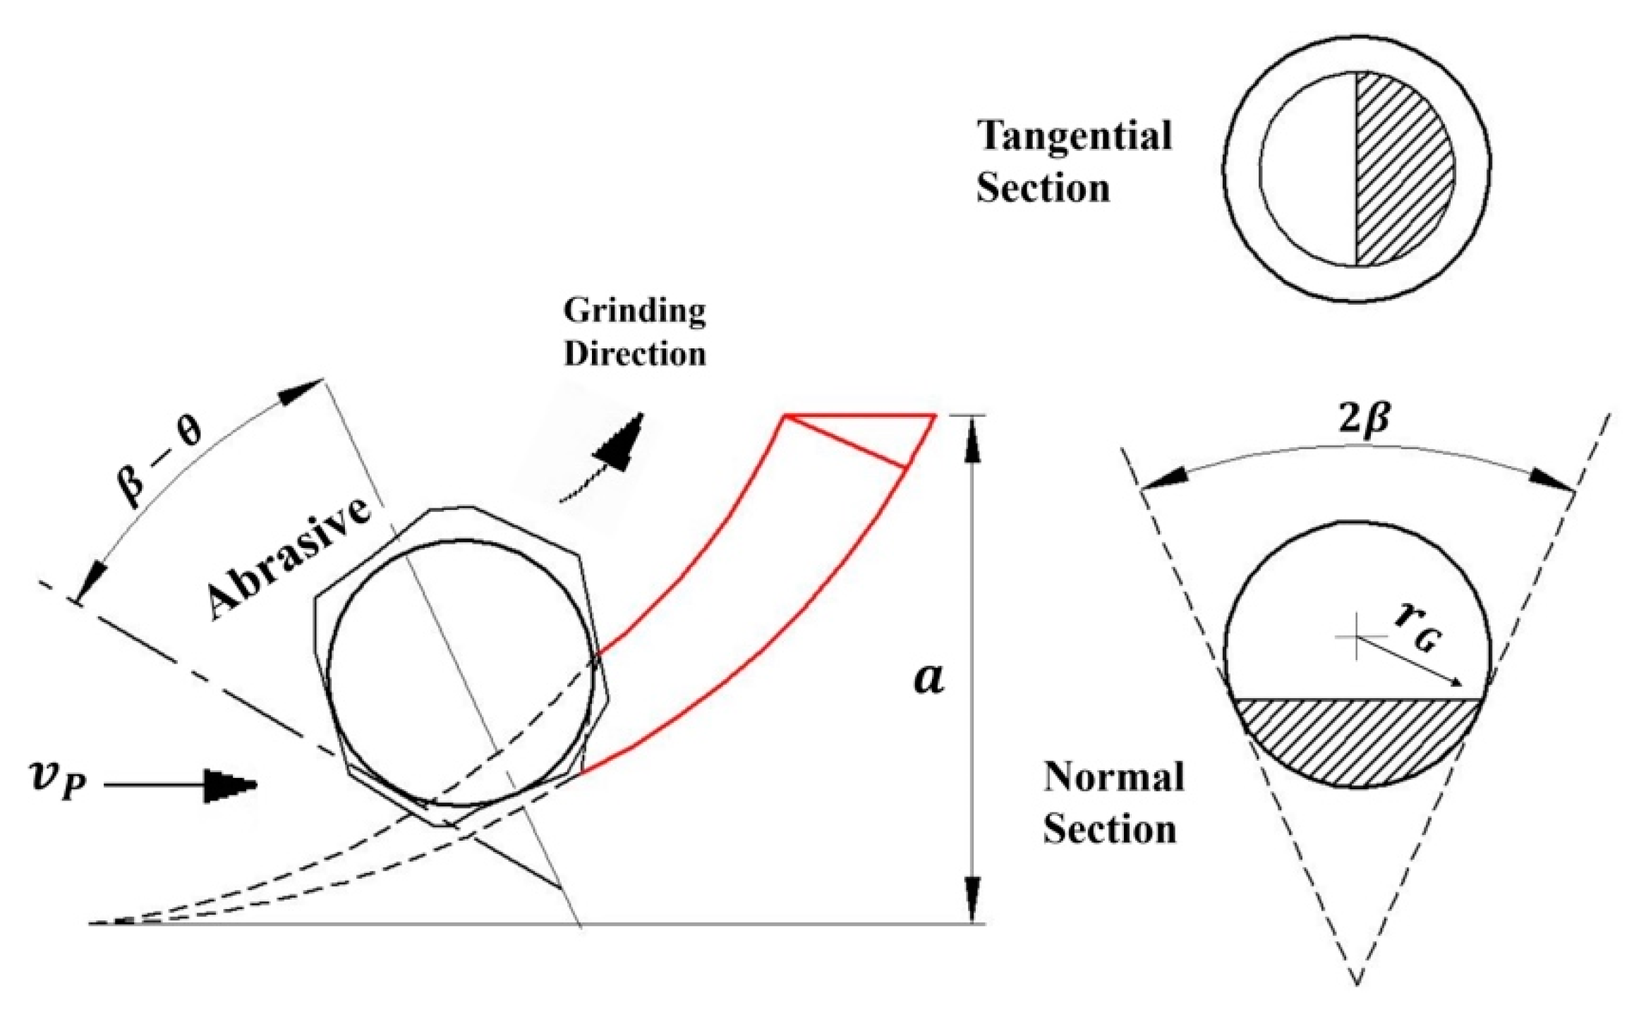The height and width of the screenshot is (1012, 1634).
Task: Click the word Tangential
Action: (x=1074, y=136)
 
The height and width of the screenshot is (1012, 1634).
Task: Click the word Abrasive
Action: (x=288, y=559)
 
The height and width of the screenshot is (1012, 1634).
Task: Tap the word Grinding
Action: (x=634, y=311)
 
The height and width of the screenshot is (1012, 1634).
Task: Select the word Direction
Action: (x=634, y=353)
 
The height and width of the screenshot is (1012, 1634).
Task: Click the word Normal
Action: (x=1113, y=777)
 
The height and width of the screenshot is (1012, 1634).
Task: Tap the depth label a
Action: (x=928, y=679)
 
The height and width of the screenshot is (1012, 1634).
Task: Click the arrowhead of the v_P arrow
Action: (x=230, y=785)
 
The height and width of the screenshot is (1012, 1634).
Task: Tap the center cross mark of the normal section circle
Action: (x=1355, y=637)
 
